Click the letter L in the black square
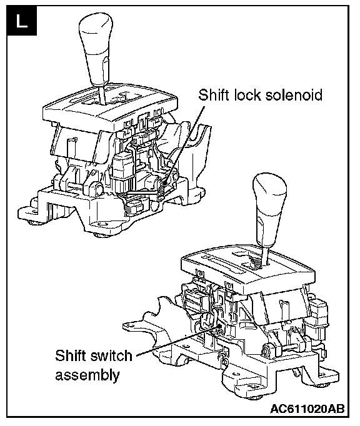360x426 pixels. [22, 21]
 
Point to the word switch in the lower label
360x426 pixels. [111, 355]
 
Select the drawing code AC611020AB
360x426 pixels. [307, 409]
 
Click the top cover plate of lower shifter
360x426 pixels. [248, 269]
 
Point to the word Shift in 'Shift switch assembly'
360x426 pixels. [71, 355]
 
